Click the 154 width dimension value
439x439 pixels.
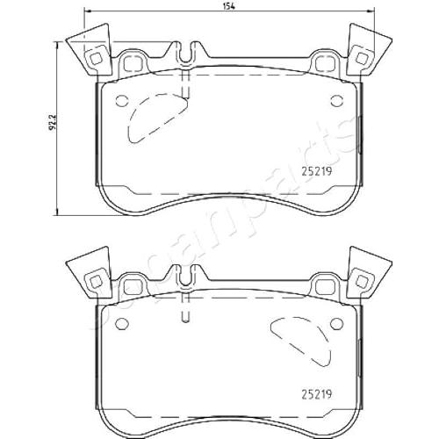[x=229, y=7]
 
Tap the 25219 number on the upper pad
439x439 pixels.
[x=317, y=171]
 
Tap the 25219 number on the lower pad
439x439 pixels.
[x=317, y=394]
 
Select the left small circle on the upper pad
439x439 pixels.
[x=122, y=101]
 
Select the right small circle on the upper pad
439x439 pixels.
[x=337, y=101]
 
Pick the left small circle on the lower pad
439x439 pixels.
[x=122, y=323]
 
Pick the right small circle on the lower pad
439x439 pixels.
[x=337, y=323]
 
